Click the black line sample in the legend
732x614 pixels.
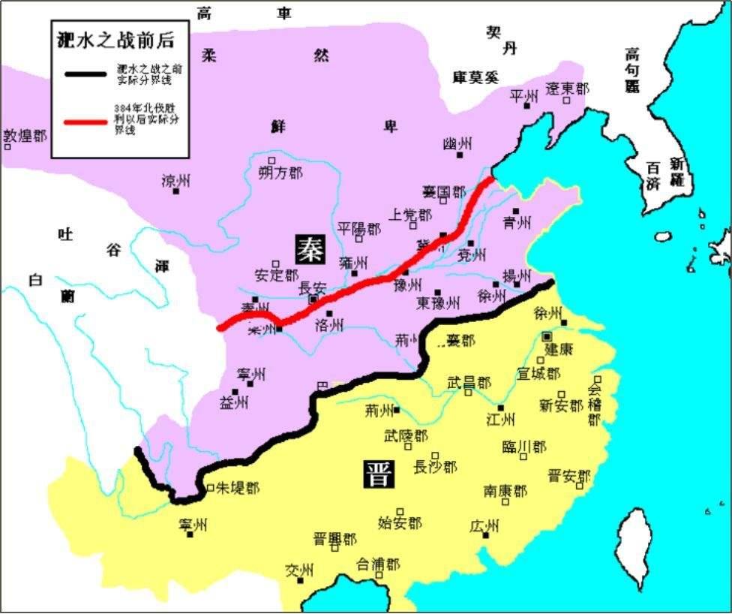click(x=85, y=74)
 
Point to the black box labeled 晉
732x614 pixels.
click(x=377, y=473)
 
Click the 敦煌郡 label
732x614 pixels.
click(x=25, y=136)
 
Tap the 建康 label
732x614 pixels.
click(x=560, y=349)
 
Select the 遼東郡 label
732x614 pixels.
click(x=567, y=89)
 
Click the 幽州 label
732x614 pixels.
click(x=457, y=143)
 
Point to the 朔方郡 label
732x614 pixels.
click(x=280, y=173)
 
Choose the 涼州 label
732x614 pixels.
click(x=178, y=180)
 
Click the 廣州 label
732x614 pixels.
click(x=484, y=527)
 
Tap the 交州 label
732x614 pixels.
click(x=298, y=570)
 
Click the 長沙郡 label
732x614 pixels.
click(x=435, y=467)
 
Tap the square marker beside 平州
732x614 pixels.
click(x=527, y=106)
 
